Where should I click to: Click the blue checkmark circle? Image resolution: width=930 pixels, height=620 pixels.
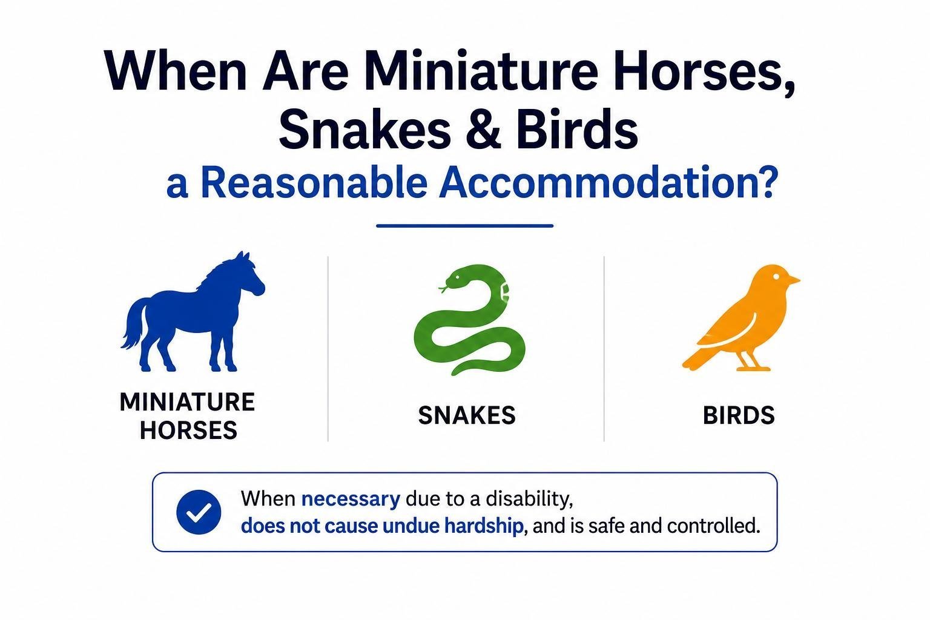199,512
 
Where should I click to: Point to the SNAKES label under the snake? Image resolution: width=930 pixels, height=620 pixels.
467,415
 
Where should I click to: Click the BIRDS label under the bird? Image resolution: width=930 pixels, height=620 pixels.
739,415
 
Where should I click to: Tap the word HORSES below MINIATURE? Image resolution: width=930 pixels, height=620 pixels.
188,430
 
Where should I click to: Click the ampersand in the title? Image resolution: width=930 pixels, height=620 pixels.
483,129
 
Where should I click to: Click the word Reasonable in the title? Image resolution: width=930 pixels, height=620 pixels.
314,183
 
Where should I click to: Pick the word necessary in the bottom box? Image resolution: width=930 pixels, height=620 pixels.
351,500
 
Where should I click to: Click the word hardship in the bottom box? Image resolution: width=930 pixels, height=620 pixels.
483,526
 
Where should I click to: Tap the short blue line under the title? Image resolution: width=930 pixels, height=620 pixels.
464,226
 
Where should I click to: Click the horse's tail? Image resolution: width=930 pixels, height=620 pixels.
134,324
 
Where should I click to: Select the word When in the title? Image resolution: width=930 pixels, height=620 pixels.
175,71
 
